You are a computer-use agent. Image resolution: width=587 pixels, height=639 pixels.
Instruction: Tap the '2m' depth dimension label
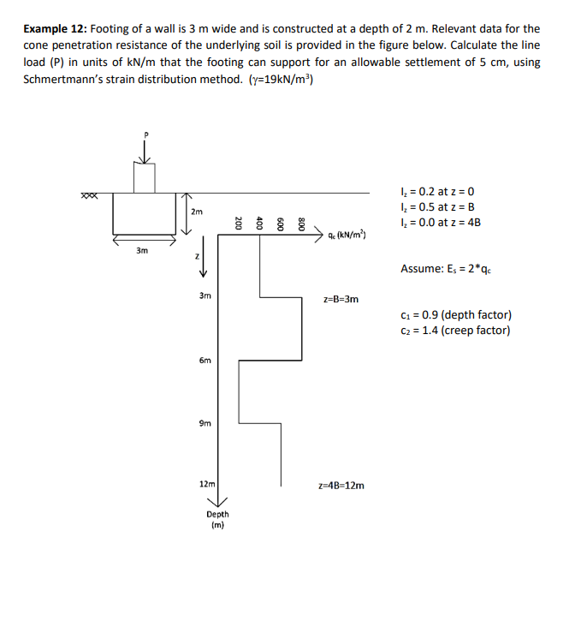point(197,212)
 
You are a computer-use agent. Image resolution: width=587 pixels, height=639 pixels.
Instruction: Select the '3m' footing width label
point(142,250)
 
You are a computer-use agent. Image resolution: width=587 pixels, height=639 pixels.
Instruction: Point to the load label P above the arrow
point(145,134)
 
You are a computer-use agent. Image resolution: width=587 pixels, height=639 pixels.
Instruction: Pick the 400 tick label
point(260,224)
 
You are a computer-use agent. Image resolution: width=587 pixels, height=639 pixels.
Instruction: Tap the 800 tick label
point(302,224)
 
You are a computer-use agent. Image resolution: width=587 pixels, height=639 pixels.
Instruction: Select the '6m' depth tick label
point(205,361)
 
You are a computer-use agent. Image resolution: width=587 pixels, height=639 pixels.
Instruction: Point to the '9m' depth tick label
point(205,422)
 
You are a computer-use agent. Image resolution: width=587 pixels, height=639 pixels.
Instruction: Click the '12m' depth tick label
point(206,484)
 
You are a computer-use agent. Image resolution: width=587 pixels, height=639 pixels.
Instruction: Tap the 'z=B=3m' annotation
point(341,300)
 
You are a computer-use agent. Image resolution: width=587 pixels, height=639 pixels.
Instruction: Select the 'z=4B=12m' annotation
point(341,485)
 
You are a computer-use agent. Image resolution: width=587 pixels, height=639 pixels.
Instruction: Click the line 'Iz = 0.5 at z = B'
point(437,207)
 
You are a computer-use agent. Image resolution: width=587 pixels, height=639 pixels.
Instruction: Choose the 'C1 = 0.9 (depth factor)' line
point(455,316)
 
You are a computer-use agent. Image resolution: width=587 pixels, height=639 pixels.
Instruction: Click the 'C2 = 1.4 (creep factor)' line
point(455,331)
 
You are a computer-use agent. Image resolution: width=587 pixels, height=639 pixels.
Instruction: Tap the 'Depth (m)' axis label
point(217,519)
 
